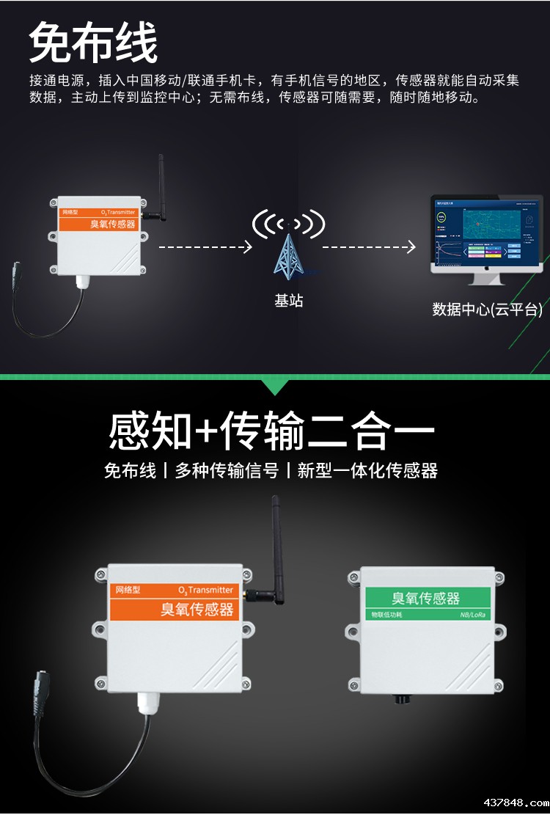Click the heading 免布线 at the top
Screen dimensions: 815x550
point(93,43)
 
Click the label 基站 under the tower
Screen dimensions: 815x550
point(288,301)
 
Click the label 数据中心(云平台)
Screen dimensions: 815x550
point(487,310)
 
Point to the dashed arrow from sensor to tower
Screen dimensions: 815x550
point(205,247)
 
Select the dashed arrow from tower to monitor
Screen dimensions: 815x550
point(369,247)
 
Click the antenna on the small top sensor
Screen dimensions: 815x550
point(161,187)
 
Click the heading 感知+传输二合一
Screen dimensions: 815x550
point(271,431)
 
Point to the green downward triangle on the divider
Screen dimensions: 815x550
point(275,387)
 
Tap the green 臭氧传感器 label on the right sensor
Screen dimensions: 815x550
point(426,598)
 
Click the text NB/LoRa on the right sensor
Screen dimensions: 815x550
point(473,615)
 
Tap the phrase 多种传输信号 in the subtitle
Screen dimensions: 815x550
point(227,471)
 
